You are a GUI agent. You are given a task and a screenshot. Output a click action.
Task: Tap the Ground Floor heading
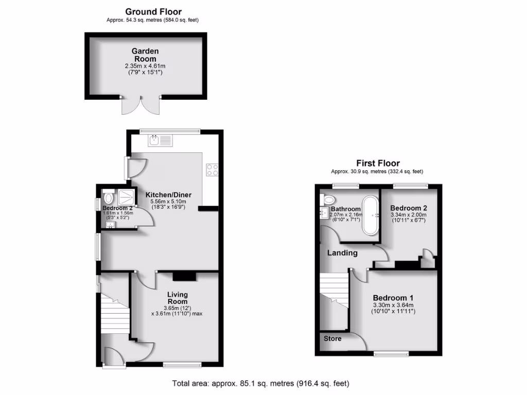(154, 12)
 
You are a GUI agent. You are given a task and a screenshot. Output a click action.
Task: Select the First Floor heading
(378, 164)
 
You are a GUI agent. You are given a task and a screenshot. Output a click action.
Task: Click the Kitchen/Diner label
(168, 195)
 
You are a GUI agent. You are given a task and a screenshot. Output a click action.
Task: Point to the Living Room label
(177, 298)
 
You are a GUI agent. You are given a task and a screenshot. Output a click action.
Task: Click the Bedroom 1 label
(393, 298)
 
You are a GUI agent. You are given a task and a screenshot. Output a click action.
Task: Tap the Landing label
(343, 253)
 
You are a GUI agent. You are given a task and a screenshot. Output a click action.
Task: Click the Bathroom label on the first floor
(345, 209)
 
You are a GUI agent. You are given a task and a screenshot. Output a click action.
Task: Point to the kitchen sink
(161, 139)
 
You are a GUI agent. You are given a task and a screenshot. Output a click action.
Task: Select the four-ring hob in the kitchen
(212, 169)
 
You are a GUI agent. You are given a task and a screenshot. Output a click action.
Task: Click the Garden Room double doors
(140, 105)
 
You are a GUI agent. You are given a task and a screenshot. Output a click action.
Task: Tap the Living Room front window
(178, 365)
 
